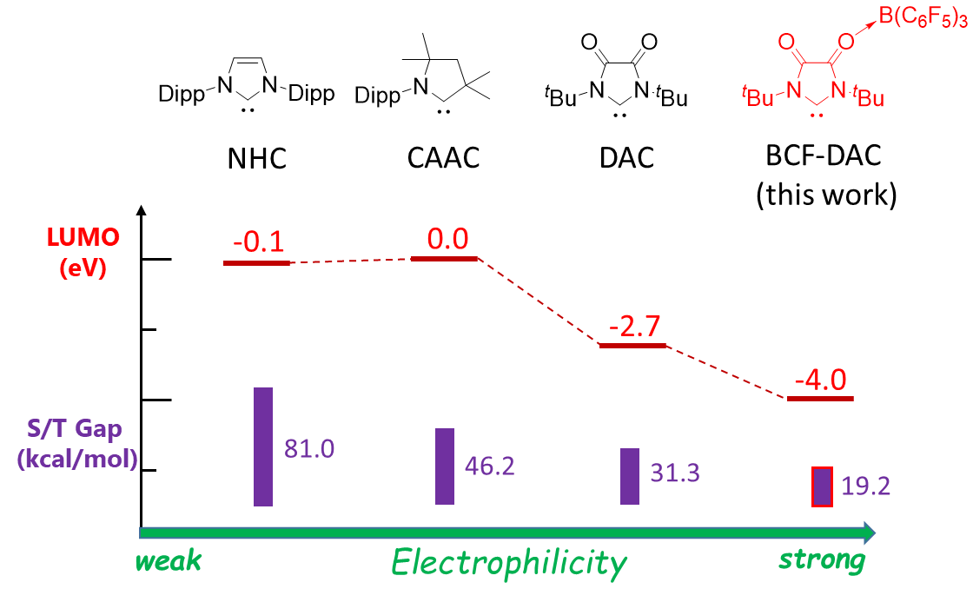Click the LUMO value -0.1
[x=259, y=242]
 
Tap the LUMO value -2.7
[x=635, y=327]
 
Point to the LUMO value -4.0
[x=821, y=380]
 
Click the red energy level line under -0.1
[x=256, y=261]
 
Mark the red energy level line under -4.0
[x=821, y=398]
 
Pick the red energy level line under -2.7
[x=633, y=345]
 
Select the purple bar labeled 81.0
[x=263, y=447]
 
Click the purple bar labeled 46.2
[x=445, y=466]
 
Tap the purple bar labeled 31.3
[x=630, y=476]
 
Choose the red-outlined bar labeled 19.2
[x=822, y=486]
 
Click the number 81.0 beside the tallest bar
[x=309, y=449]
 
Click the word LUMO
[x=83, y=238]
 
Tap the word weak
[x=169, y=561]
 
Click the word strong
[x=822, y=560]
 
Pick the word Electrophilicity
[x=508, y=564]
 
